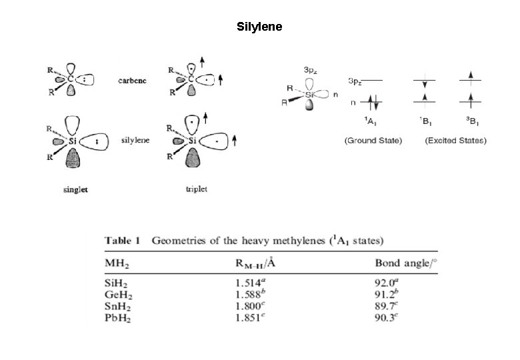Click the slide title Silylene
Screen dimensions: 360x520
pyautogui.click(x=259, y=27)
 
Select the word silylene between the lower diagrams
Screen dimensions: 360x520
pyautogui.click(x=134, y=141)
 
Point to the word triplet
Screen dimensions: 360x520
pyautogui.click(x=196, y=189)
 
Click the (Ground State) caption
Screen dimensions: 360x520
pyautogui.click(x=373, y=141)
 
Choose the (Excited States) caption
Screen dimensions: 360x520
pyautogui.click(x=455, y=141)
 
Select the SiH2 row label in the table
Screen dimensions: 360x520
pyautogui.click(x=116, y=283)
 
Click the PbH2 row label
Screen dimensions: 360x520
pyautogui.click(x=117, y=319)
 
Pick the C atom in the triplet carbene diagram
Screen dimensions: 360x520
pyautogui.click(x=190, y=80)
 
